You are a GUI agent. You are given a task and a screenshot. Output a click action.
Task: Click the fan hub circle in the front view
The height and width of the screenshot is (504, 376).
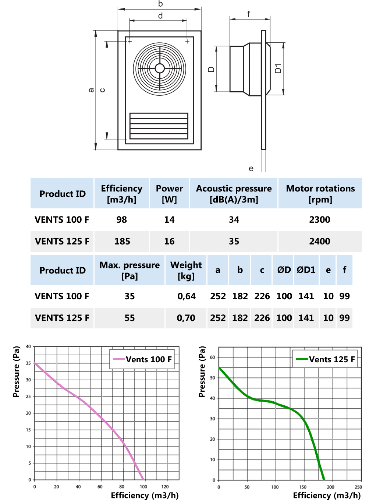tap(160, 68)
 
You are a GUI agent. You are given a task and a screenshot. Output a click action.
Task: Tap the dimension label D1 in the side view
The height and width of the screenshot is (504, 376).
tap(278, 68)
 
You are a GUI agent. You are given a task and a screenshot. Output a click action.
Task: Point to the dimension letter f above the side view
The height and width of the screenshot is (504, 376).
tap(249, 14)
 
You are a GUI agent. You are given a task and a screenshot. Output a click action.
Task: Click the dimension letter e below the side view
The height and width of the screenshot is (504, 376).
tap(251, 169)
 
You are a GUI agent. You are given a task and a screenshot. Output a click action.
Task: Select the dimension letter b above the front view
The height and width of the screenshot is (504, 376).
tap(160, 4)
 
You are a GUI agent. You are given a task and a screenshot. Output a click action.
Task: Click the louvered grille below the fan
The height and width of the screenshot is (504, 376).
tap(159, 126)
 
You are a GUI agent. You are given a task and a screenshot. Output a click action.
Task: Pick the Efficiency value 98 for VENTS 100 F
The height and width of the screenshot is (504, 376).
tap(121, 220)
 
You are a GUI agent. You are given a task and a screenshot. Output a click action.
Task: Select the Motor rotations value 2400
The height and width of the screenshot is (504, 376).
tap(319, 242)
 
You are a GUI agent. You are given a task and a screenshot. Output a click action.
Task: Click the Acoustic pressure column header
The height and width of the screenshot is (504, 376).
tap(234, 194)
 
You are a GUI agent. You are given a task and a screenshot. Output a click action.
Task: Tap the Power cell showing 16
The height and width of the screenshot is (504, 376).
tap(169, 242)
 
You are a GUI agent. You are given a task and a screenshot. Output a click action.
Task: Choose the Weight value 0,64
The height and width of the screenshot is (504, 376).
tap(187, 296)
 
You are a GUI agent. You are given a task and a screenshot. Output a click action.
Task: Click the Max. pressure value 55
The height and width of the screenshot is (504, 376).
tap(130, 318)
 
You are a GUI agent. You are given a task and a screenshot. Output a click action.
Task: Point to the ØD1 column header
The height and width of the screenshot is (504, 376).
tap(306, 270)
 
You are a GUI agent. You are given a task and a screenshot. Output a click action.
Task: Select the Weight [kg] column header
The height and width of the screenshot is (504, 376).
tap(186, 270)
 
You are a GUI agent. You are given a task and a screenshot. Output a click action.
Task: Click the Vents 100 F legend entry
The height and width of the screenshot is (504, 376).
tap(142, 359)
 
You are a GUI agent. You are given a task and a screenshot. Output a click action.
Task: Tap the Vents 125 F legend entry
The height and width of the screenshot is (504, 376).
tap(326, 359)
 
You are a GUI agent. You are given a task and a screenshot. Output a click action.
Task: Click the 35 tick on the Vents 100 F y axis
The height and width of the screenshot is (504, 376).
tap(28, 363)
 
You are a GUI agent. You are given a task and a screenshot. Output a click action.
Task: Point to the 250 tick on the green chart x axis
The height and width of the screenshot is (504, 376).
tap(358, 487)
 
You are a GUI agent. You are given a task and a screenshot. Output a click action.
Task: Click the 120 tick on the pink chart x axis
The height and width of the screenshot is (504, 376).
tap(165, 487)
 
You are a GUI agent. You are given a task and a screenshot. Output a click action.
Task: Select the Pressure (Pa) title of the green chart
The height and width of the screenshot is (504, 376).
tap(202, 372)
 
